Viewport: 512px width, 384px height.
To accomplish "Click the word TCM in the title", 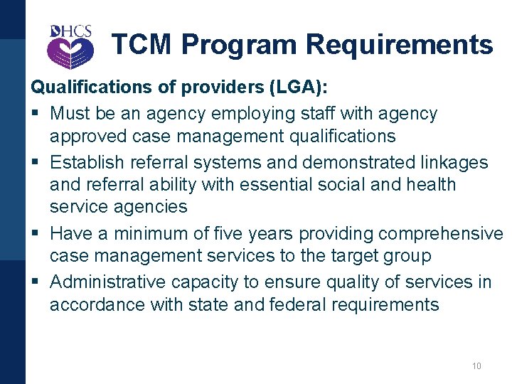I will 142,44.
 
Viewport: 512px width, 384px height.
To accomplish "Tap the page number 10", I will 476,366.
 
